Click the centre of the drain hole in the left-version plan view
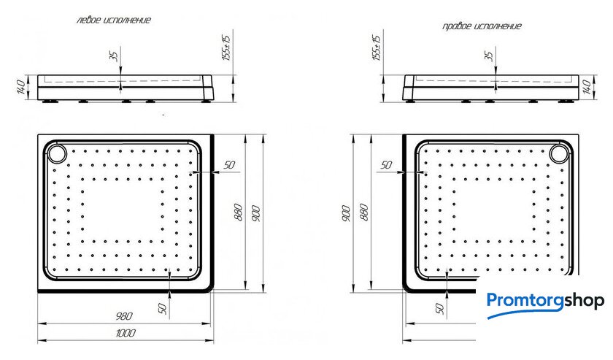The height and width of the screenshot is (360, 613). [x=57, y=153]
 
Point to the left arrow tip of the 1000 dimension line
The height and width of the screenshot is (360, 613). [x=38, y=340]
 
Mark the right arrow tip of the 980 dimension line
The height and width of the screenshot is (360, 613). [x=211, y=323]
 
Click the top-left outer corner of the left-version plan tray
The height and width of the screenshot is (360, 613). [x=38, y=134]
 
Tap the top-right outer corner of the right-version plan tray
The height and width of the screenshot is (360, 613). [x=579, y=134]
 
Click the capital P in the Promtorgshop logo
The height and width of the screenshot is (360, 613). [x=493, y=302]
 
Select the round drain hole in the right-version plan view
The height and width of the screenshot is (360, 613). [x=559, y=153]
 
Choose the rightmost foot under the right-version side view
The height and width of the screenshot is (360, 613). [x=565, y=102]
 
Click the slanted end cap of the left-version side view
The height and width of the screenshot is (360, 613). [x=208, y=87]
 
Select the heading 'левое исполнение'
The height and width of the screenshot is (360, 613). [x=113, y=20]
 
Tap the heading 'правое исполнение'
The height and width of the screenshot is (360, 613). [x=482, y=26]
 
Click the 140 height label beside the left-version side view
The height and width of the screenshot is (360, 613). [x=21, y=87]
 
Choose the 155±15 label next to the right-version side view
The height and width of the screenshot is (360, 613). [x=376, y=47]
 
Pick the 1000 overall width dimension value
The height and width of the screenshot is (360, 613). [x=126, y=333]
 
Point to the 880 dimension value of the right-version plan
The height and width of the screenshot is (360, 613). [x=363, y=212]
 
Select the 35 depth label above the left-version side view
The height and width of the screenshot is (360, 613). [x=114, y=56]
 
